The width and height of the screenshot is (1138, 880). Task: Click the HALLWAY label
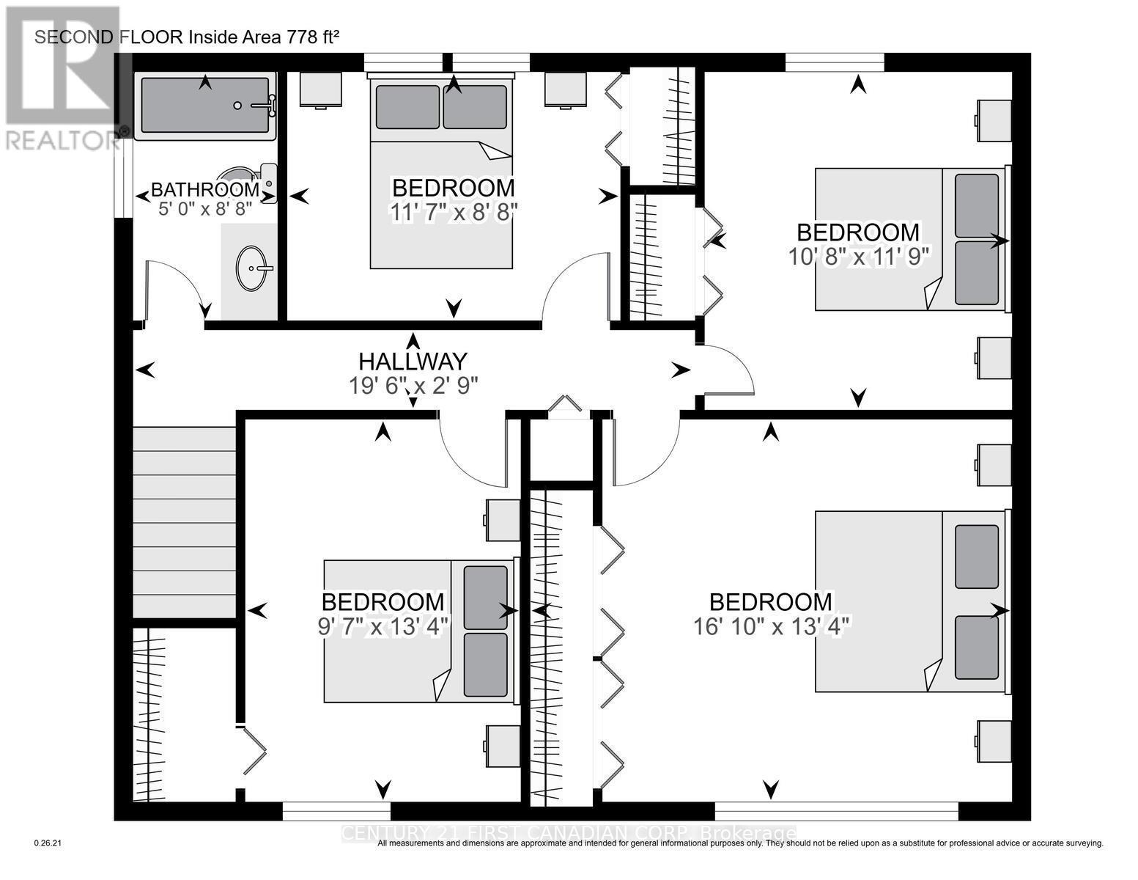(413, 362)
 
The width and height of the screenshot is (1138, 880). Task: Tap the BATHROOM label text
(205, 189)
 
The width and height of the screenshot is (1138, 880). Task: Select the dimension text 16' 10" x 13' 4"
(771, 627)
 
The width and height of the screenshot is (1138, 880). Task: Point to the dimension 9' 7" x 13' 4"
(383, 627)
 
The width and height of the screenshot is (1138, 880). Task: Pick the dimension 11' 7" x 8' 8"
(454, 212)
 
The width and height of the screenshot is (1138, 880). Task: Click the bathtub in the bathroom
(207, 106)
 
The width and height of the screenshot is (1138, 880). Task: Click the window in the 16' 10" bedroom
(836, 810)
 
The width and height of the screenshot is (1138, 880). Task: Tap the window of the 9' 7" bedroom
(336, 810)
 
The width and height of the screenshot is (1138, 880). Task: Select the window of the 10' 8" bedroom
(834, 62)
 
